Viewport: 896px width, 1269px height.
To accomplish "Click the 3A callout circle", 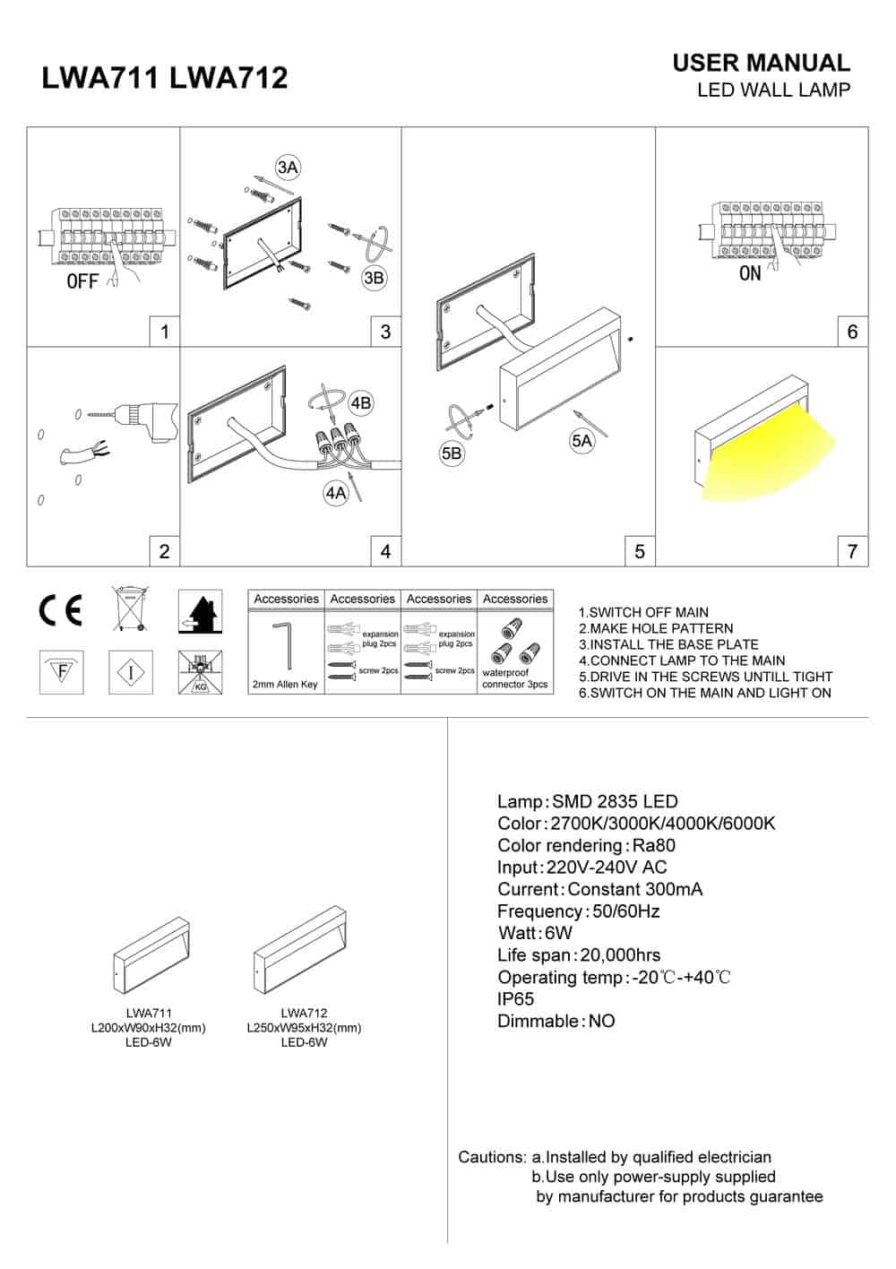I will [287, 168].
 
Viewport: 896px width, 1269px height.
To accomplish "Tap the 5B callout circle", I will [452, 453].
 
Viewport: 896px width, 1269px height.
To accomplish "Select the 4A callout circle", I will [336, 493].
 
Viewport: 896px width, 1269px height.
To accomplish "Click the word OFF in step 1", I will [82, 282].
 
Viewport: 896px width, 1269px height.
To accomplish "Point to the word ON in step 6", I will [750, 273].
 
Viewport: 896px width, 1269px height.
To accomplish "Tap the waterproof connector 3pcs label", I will [515, 678].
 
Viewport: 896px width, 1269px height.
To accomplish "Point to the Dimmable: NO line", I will [556, 1021].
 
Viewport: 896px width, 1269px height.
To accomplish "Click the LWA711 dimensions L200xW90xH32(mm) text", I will [149, 1028].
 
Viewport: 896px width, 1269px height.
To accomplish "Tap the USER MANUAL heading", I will [761, 63].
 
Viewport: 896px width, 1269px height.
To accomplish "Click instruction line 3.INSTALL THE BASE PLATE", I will [668, 644].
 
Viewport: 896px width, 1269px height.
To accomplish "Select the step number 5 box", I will [639, 551].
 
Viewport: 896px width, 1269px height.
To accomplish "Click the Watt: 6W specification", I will [535, 933].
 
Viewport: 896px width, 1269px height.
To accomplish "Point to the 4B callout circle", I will [360, 403].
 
